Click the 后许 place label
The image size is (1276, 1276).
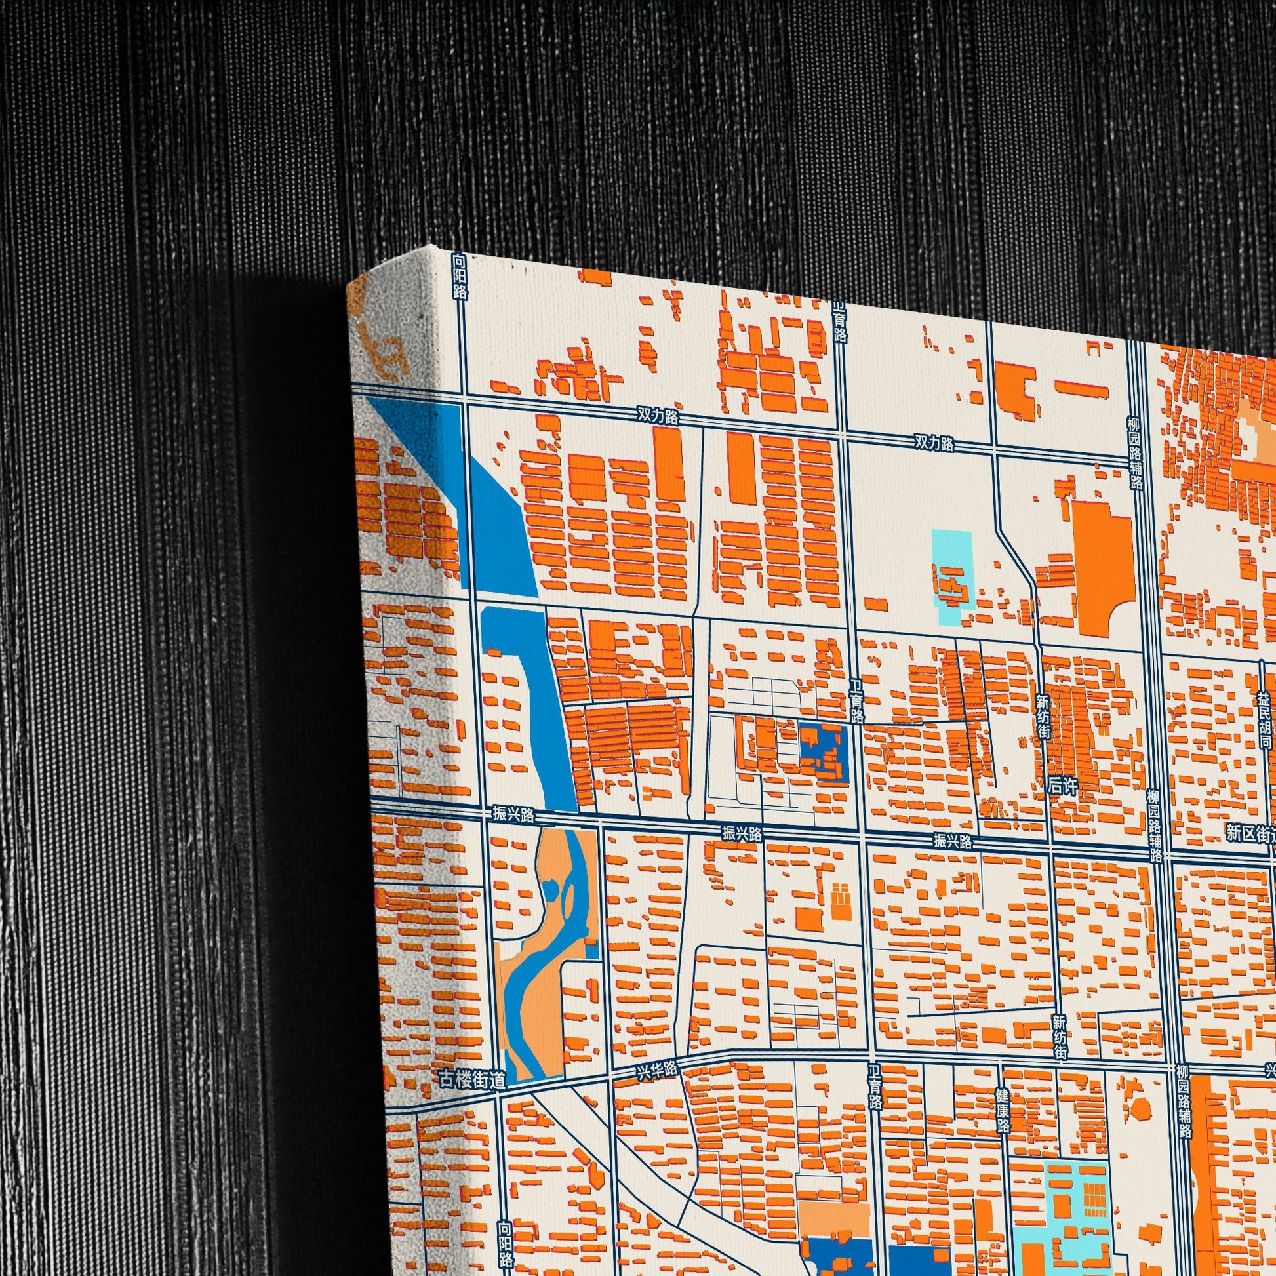(x=1063, y=787)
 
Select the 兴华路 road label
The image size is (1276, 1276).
(x=656, y=1071)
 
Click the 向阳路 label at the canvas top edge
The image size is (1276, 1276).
(x=460, y=277)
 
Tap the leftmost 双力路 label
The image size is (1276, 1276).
(x=658, y=416)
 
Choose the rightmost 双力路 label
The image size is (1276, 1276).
(x=934, y=443)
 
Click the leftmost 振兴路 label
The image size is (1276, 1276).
(x=513, y=814)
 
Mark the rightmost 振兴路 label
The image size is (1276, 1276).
(x=953, y=841)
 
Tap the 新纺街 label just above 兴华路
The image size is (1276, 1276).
(x=1060, y=1037)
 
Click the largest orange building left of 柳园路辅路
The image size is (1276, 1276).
(x=1102, y=567)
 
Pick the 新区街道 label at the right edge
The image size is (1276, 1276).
(x=1250, y=833)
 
